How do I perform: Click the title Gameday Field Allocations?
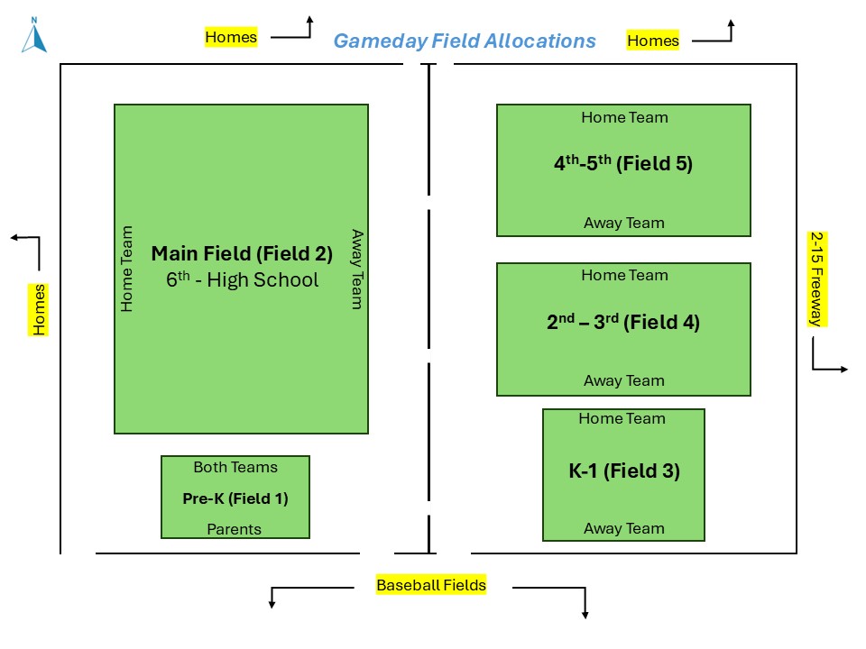pos(465,41)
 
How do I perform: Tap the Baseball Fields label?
pos(431,585)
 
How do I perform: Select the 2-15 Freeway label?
pos(815,279)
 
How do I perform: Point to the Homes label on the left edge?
pos(39,309)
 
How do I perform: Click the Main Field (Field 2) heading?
pos(242,253)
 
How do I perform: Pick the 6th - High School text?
pos(242,279)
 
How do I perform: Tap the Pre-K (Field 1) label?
pos(235,498)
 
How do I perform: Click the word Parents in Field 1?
pos(235,529)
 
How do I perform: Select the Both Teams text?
pos(235,467)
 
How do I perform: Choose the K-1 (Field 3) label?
pos(623,471)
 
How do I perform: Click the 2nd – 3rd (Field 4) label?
pos(623,322)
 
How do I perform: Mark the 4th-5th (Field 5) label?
pos(623,164)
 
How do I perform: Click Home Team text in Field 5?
pos(624,117)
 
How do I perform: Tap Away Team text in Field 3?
pos(623,529)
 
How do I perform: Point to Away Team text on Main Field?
pos(356,269)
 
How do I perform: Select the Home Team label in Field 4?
pos(624,275)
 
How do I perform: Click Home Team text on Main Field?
pos(127,269)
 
